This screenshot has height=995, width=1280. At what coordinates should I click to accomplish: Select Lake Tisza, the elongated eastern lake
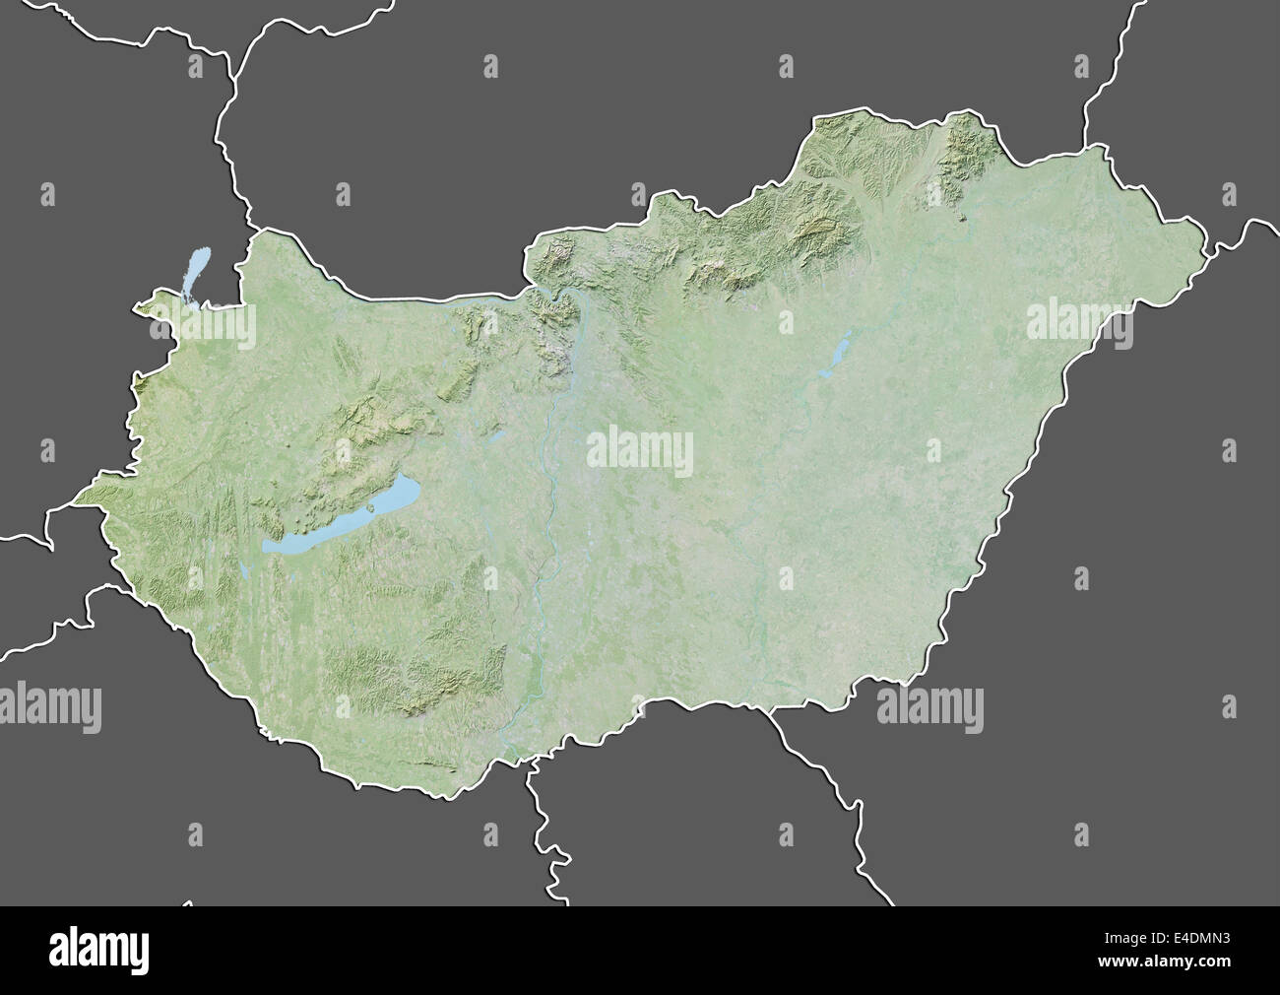pyautogui.click(x=837, y=350)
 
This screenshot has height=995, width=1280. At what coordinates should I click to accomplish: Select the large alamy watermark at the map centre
pyautogui.click(x=640, y=451)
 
